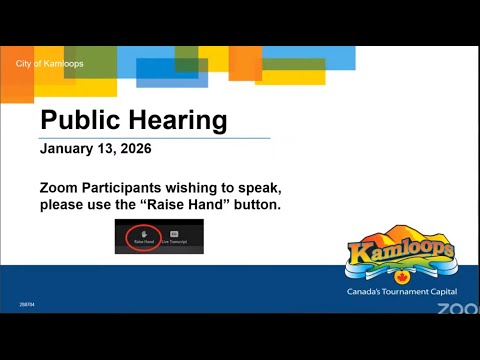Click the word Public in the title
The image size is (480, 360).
click(82, 121)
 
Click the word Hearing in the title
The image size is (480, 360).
click(178, 122)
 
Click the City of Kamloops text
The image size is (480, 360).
click(50, 64)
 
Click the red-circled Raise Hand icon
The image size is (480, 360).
click(144, 237)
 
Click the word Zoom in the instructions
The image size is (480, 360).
click(61, 188)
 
